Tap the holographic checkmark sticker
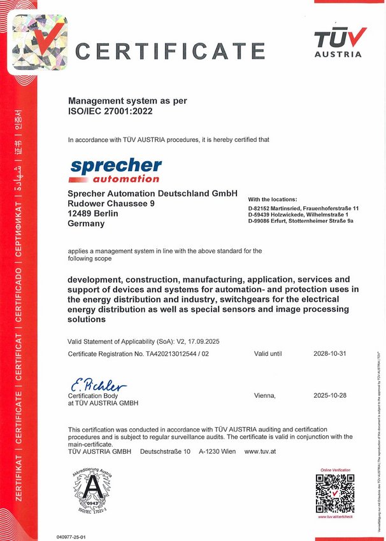point(40,41)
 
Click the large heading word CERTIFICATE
point(170,50)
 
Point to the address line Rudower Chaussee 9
point(111,203)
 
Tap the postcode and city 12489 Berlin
point(93,213)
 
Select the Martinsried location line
point(304,208)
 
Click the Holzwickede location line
point(297,214)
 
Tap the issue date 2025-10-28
point(329,395)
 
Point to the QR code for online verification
point(335,493)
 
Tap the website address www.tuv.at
point(259,451)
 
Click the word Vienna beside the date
point(264,395)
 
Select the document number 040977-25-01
point(71,537)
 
